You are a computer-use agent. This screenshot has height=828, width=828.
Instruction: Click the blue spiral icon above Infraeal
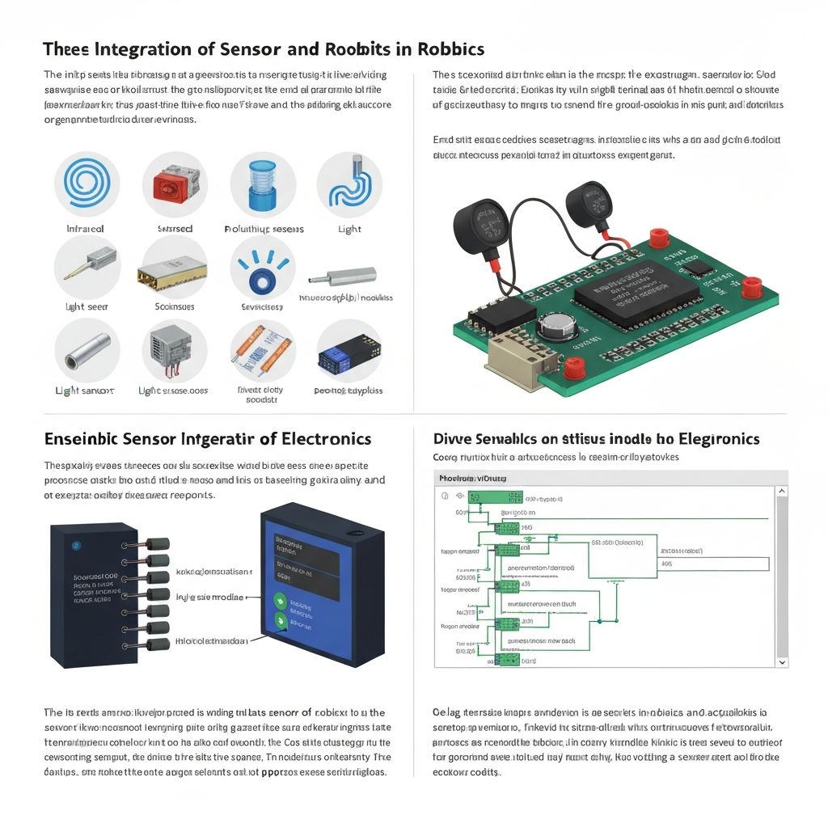pyautogui.click(x=87, y=184)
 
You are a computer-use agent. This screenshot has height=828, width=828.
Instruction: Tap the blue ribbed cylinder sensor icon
pyautogui.click(x=263, y=184)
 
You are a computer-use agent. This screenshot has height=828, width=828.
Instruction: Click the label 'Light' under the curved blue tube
pyautogui.click(x=349, y=229)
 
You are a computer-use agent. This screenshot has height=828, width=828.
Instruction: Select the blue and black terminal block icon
pyautogui.click(x=349, y=353)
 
